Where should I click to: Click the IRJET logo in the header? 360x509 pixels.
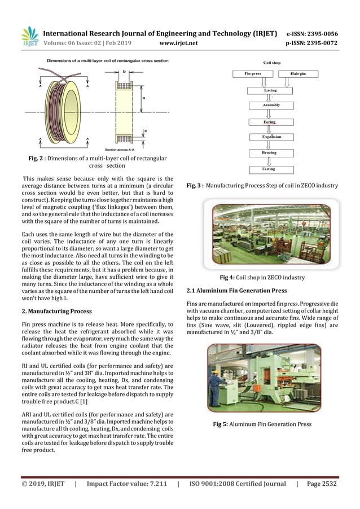(29, 36)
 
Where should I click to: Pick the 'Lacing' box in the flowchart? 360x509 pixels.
(270, 90)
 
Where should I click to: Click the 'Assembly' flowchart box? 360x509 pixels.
(270, 105)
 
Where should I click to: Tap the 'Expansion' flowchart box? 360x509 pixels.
(270, 137)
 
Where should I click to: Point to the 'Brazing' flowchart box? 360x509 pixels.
(270, 152)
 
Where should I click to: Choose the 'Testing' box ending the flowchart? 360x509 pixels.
(270, 169)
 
